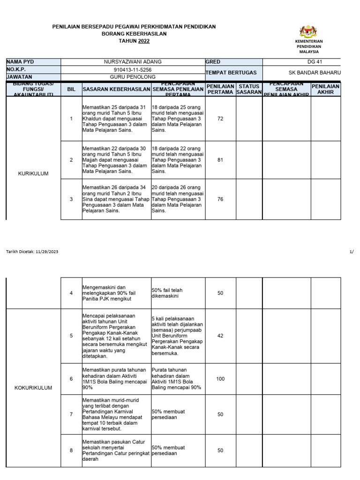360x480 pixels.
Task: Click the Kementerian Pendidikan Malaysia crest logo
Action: [x=308, y=31]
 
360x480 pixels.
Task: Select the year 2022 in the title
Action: [x=144, y=41]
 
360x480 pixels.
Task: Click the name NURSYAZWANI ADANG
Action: [x=133, y=62]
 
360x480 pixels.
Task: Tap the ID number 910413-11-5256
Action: [x=133, y=69]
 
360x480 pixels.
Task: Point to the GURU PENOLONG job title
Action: [x=133, y=77]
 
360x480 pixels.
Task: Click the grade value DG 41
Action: [x=308, y=62]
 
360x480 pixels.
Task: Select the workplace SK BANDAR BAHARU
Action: [x=315, y=73]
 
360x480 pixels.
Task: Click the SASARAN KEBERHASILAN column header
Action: [x=116, y=89]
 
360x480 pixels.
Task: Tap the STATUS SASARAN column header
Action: [x=248, y=89]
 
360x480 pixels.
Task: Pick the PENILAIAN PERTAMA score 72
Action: [x=220, y=119]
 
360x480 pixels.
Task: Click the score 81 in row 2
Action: [x=220, y=160]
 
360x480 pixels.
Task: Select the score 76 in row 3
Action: [x=220, y=199]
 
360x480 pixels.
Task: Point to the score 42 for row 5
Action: [x=220, y=336]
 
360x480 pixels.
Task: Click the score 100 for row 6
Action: [x=220, y=379]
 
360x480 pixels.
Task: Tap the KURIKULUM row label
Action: [x=33, y=173]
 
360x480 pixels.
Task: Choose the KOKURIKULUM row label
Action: [x=33, y=388]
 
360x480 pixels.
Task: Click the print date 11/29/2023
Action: [x=47, y=252]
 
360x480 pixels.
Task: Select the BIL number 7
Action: [x=71, y=414]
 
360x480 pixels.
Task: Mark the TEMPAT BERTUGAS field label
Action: [x=229, y=73]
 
